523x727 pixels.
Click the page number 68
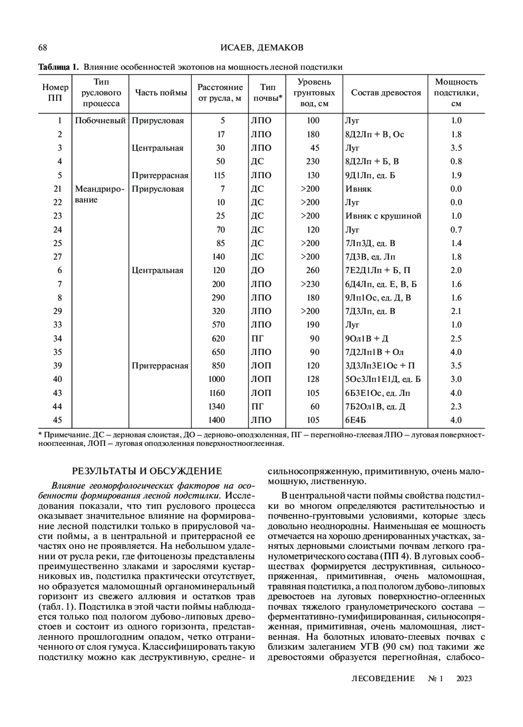coord(43,47)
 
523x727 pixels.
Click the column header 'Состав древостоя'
coord(386,93)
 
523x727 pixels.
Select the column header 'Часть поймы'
coord(161,93)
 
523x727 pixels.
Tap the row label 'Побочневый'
coord(100,121)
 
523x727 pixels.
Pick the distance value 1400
coord(217,420)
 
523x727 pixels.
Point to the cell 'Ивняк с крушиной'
coord(384,216)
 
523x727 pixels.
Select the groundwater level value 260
coord(312,270)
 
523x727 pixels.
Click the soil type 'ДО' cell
coord(258,270)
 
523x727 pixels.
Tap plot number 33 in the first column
coord(58,325)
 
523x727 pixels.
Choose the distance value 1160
coord(217,393)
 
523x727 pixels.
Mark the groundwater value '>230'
coord(310,284)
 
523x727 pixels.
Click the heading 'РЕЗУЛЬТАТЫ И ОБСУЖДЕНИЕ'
coord(147,471)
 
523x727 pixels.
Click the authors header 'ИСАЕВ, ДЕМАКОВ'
coord(262,47)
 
